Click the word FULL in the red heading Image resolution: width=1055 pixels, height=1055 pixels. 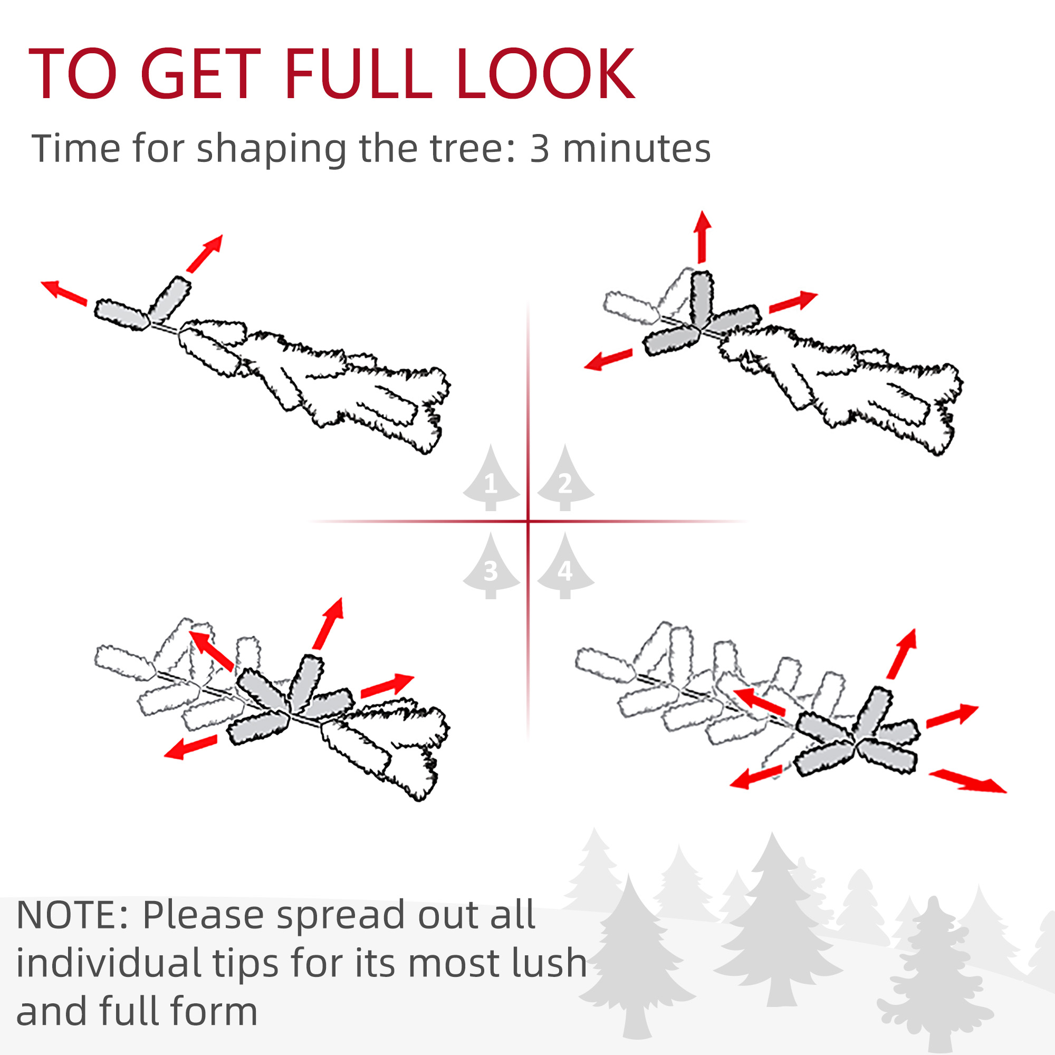[x=358, y=74]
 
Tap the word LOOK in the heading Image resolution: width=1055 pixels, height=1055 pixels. [x=545, y=74]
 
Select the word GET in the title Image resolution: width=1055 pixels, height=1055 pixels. [x=200, y=74]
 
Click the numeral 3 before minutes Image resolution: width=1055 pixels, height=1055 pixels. [x=539, y=149]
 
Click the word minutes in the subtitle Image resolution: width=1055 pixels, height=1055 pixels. [x=637, y=149]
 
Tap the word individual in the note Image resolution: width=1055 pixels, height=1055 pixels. [x=109, y=962]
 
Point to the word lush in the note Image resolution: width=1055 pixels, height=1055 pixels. [x=548, y=962]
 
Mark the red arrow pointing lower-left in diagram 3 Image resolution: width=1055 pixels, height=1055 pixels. [x=190, y=746]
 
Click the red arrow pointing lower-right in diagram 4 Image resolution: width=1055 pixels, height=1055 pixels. [x=967, y=780]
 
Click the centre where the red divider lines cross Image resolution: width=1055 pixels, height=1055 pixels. [x=528, y=522]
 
